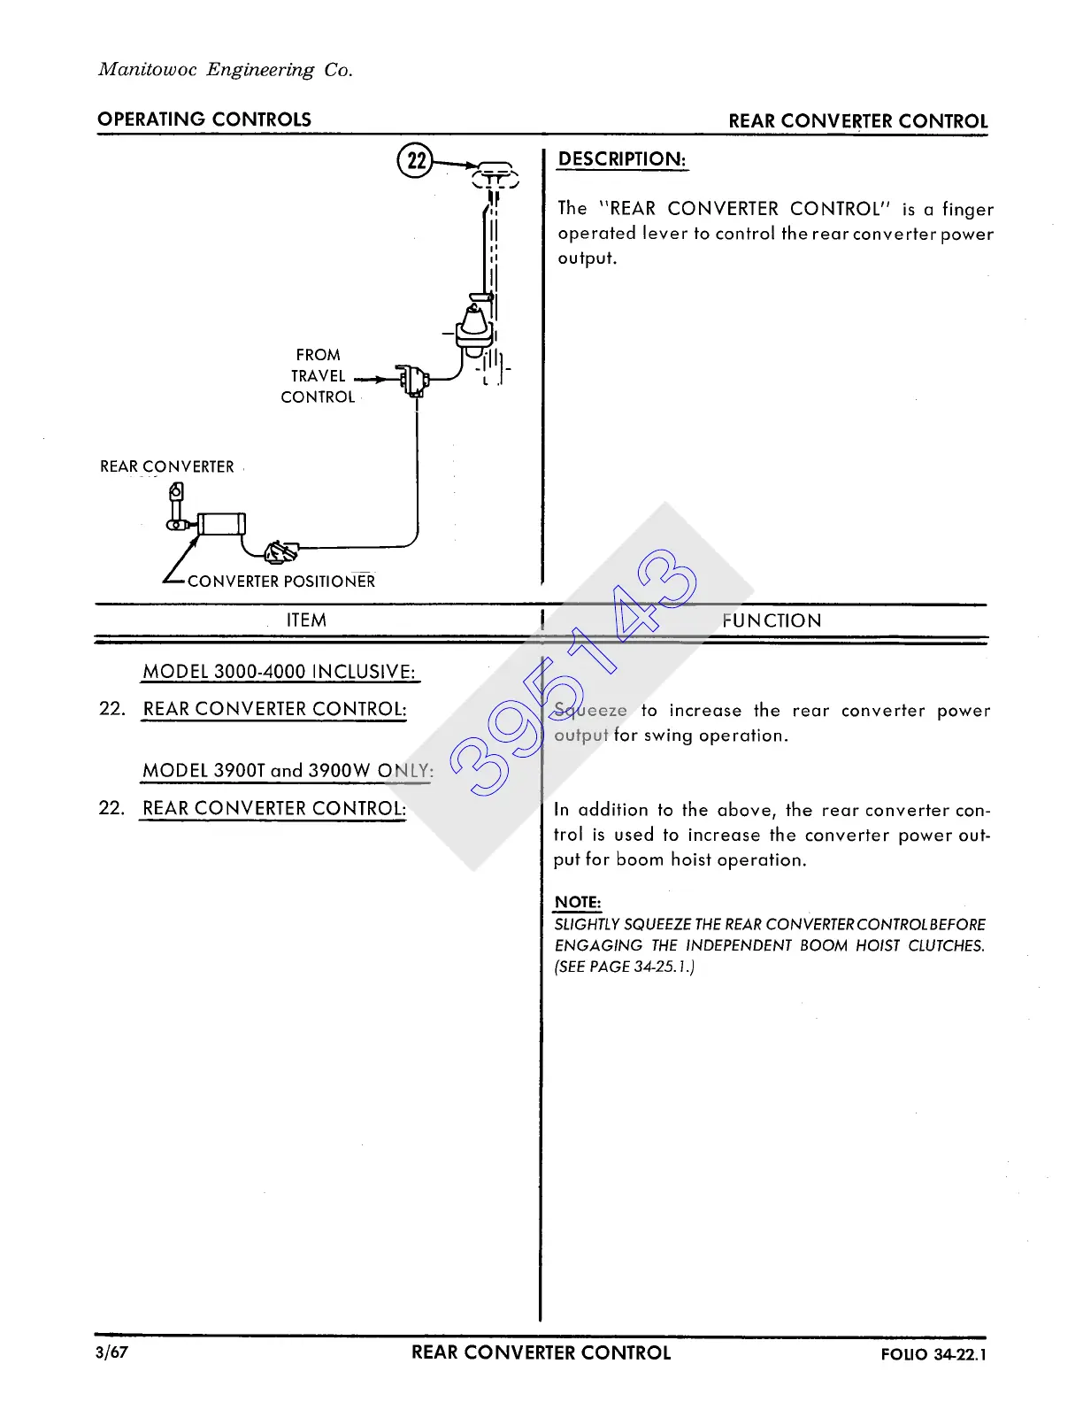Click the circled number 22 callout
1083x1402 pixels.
pos(415,161)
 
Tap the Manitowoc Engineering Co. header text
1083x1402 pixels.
pos(226,70)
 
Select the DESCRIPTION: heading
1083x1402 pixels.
pos(622,159)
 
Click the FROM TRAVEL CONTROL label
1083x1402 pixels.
pos(318,376)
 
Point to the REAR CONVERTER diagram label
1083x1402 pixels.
pos(167,466)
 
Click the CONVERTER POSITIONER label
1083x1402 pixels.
pos(281,582)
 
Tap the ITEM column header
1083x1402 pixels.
pos(306,620)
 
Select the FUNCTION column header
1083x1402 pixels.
pos(772,620)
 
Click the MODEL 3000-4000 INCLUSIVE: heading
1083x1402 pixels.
pos(279,672)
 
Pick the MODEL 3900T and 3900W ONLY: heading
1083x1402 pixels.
pos(288,771)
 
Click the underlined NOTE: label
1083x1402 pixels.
pos(577,903)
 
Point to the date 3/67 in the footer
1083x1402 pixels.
pos(112,1352)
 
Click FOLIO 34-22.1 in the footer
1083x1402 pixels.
pos(933,1354)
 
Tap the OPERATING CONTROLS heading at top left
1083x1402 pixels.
pos(204,119)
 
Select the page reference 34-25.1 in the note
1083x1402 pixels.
pos(662,967)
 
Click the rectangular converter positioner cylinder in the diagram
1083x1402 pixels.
pos(221,523)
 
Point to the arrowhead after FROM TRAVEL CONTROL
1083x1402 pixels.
pos(381,380)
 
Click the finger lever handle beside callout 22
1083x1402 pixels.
pos(495,172)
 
